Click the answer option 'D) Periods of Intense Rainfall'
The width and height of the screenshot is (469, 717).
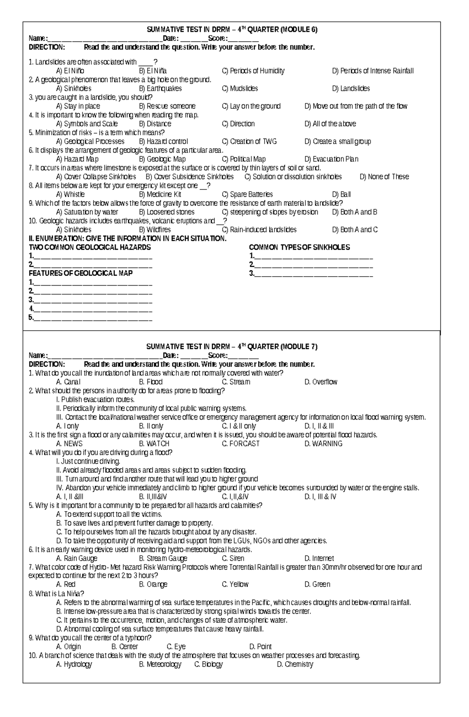(x=372, y=71)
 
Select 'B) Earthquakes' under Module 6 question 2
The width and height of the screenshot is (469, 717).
(x=160, y=89)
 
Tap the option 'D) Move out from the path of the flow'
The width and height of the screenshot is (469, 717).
(x=356, y=106)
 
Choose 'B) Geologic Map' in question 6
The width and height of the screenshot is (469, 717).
(x=162, y=159)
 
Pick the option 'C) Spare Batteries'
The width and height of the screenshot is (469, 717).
(x=247, y=195)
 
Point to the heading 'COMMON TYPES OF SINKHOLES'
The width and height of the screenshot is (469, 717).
(x=299, y=247)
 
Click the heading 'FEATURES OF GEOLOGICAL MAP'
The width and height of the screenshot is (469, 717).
(x=81, y=274)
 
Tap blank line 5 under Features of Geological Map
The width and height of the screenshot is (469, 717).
(x=93, y=318)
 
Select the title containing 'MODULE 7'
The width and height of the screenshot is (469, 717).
(x=232, y=347)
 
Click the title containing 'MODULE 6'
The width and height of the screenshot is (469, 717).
(x=232, y=30)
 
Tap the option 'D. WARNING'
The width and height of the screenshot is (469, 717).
(x=323, y=444)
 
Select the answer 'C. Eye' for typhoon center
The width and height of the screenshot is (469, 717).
(x=176, y=647)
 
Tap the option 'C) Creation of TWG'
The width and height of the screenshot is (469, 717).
(x=249, y=141)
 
